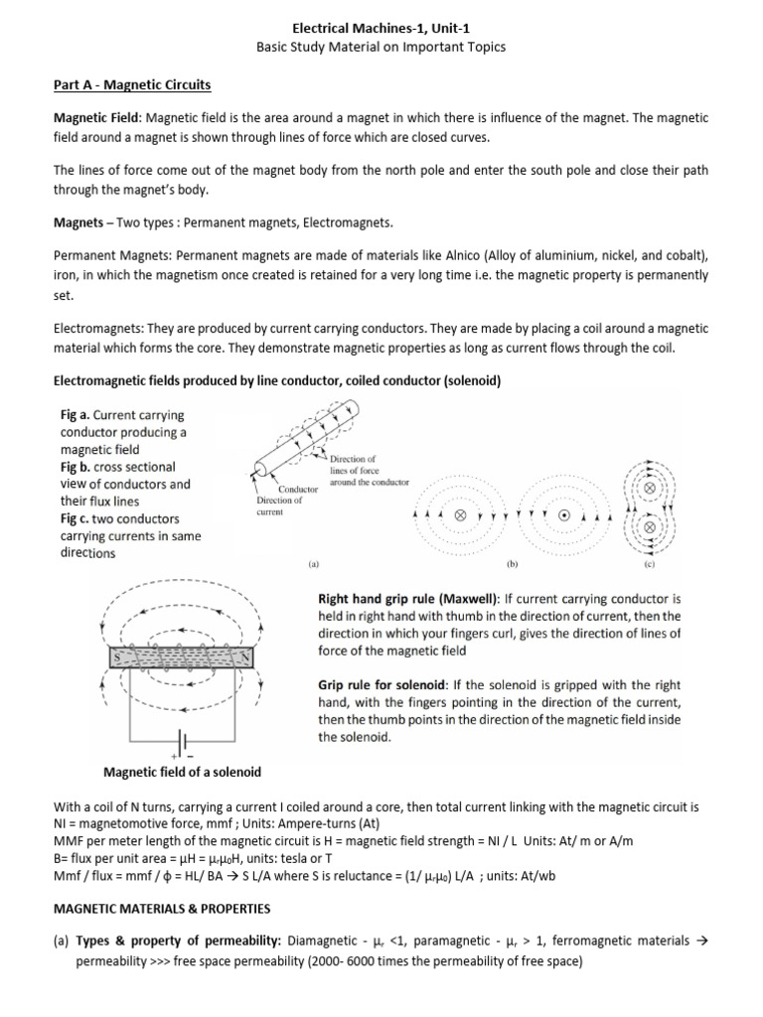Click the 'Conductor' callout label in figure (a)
tap(297, 490)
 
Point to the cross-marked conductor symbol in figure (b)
tap(460, 516)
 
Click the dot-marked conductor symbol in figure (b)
tap(563, 516)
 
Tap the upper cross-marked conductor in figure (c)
tap(650, 490)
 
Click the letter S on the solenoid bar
tap(118, 657)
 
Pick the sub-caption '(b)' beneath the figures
tap(513, 562)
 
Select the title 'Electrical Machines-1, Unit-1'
tap(381, 29)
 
